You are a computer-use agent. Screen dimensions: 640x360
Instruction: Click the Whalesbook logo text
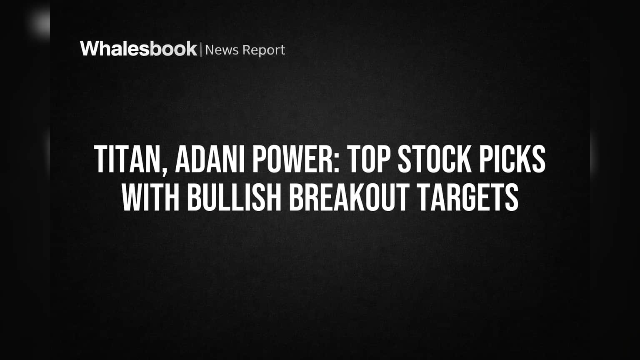pyautogui.click(x=139, y=49)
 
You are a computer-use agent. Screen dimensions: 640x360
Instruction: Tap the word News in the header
pyautogui.click(x=222, y=50)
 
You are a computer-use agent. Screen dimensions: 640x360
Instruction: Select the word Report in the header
pyautogui.click(x=264, y=50)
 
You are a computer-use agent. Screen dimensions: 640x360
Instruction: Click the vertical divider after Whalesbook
pyautogui.click(x=201, y=49)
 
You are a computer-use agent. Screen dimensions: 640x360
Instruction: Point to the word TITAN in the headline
pyautogui.click(x=127, y=159)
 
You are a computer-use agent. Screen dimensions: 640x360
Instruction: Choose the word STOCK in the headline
pyautogui.click(x=435, y=159)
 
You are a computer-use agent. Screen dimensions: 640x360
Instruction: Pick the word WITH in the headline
pyautogui.click(x=150, y=197)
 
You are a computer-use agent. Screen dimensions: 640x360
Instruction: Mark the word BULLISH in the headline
pyautogui.click(x=235, y=197)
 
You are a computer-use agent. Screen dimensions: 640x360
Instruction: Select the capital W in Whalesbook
pyautogui.click(x=90, y=49)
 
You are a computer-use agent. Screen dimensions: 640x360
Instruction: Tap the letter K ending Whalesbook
pyautogui.click(x=191, y=49)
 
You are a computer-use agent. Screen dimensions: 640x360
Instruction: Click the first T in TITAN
pyautogui.click(x=101, y=159)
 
